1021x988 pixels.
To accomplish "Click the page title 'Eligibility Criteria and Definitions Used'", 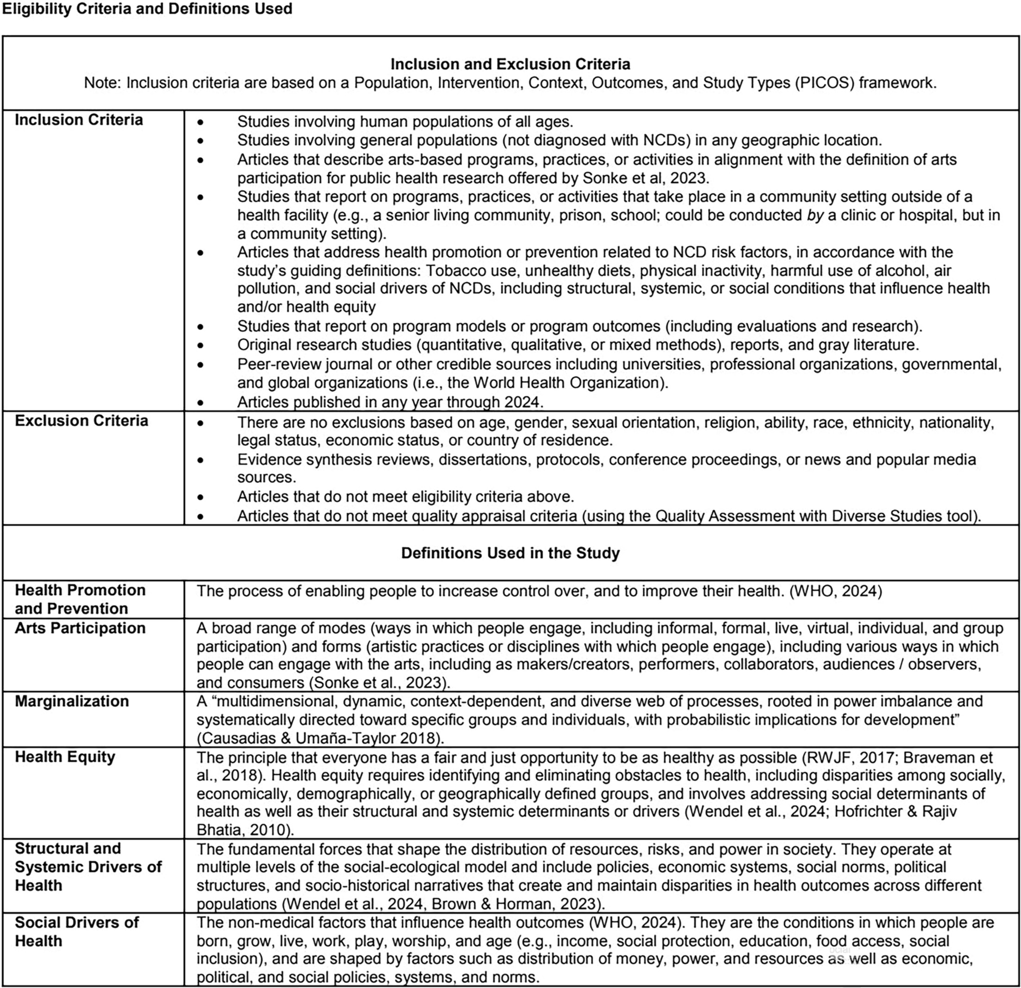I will (147, 9).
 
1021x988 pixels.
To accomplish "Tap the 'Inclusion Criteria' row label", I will (79, 120).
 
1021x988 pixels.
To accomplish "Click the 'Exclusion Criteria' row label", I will (81, 421).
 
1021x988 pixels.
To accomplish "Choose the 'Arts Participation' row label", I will (80, 628).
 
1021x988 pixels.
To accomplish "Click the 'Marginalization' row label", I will (72, 701).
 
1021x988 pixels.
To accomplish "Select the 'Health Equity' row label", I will (65, 757).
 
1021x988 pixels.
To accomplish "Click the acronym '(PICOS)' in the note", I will (824, 83).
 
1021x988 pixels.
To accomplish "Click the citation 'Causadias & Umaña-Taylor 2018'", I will (319, 738).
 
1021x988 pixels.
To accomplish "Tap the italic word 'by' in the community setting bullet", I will (815, 215).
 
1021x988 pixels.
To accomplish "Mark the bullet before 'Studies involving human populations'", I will (201, 123).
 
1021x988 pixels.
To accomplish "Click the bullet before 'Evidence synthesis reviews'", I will (201, 461).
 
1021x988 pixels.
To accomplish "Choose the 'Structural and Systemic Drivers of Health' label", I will (88, 867).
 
